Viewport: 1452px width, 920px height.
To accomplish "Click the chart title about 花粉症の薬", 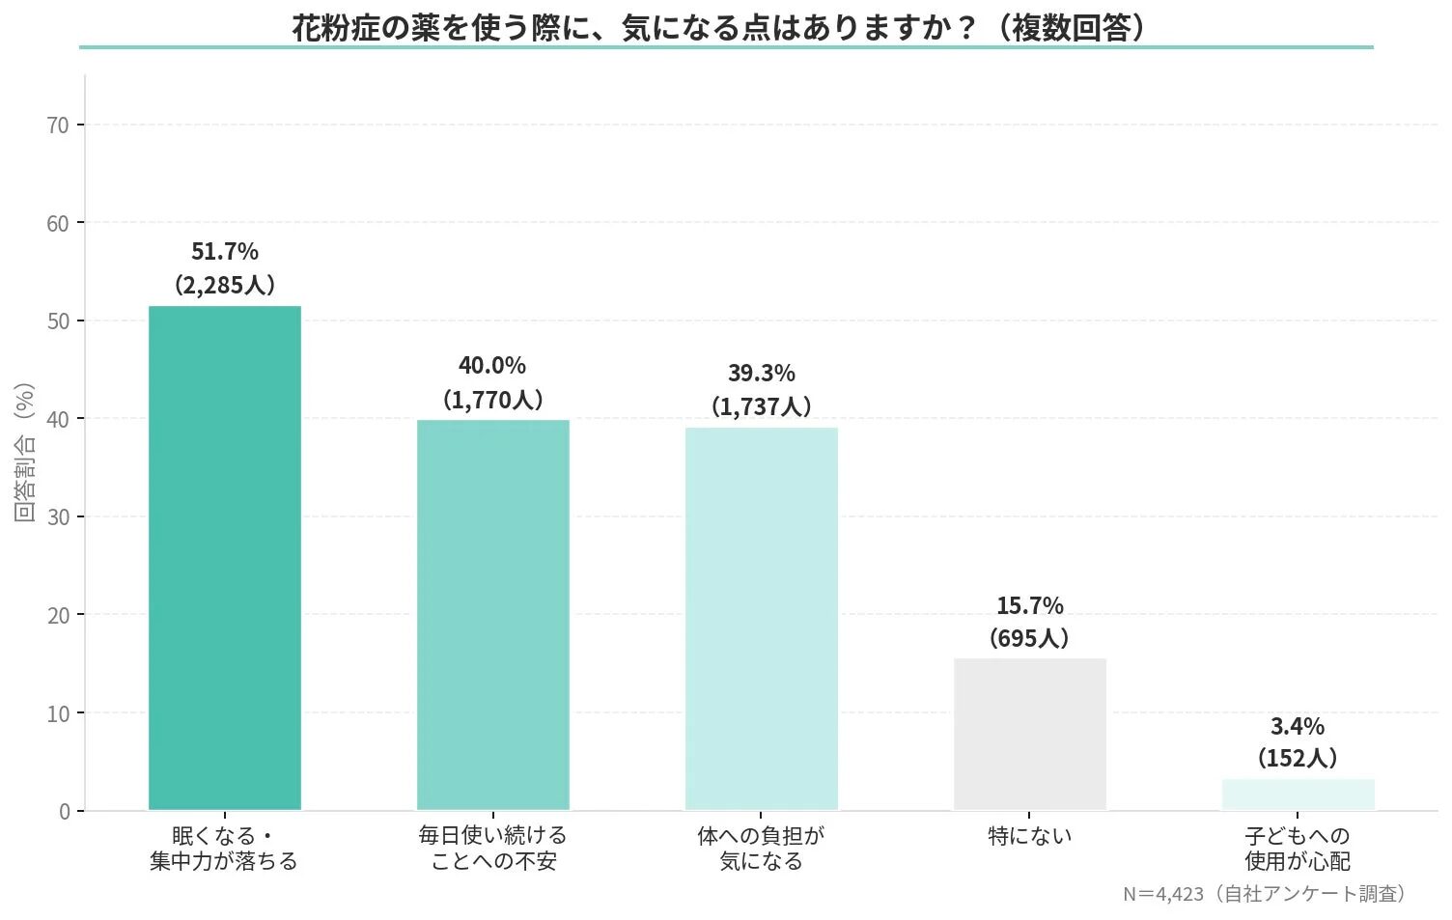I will pyautogui.click(x=719, y=27).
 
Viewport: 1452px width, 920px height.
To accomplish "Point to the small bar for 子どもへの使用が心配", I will pyautogui.click(x=1298, y=795).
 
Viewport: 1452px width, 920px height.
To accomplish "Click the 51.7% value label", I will pyautogui.click(x=225, y=252).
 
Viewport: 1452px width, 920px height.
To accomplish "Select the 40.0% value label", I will pyautogui.click(x=492, y=366).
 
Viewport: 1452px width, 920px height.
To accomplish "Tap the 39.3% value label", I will pyautogui.click(x=762, y=374).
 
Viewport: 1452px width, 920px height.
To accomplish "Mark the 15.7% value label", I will pyautogui.click(x=1030, y=606).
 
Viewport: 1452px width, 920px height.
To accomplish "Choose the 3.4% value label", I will pyautogui.click(x=1298, y=727).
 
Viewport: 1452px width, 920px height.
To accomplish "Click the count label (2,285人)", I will pyautogui.click(x=225, y=285).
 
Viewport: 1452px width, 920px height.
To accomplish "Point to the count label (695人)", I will pyautogui.click(x=1029, y=638).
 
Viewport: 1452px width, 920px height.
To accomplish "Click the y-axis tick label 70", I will pyautogui.click(x=58, y=125).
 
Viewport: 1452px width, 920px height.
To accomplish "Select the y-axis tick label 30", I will pyautogui.click(x=58, y=517).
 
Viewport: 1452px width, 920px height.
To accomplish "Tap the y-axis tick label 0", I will pyautogui.click(x=64, y=812).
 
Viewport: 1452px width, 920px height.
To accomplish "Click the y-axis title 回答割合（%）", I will pyautogui.click(x=25, y=452).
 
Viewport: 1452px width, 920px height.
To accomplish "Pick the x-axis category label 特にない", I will pyautogui.click(x=1030, y=836).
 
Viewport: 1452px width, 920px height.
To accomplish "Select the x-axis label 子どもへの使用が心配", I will pyautogui.click(x=1298, y=849).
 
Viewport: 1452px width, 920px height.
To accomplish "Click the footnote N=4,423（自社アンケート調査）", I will pyautogui.click(x=1265, y=894).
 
